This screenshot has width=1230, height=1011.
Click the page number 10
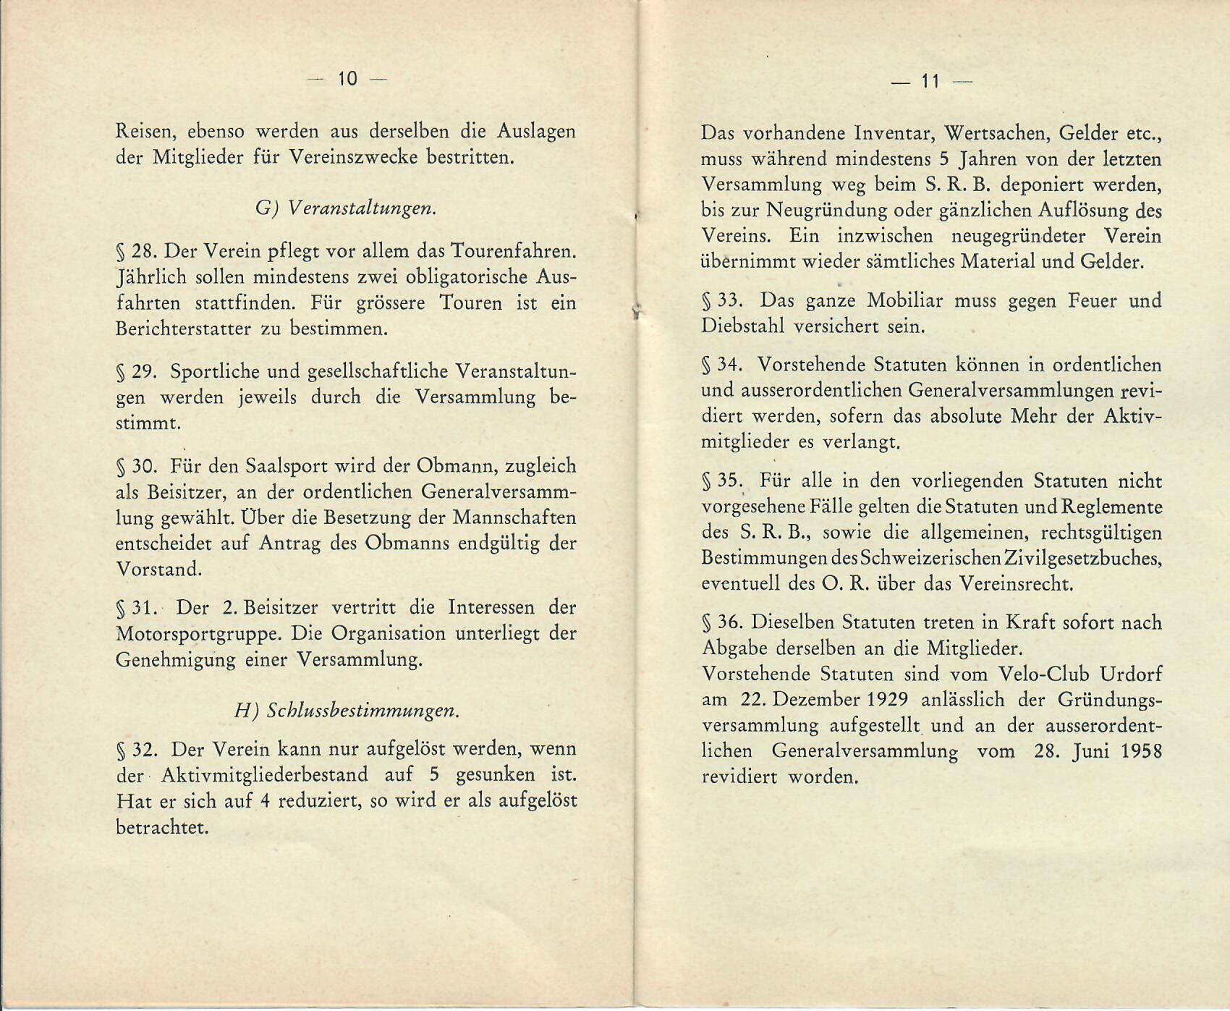coord(347,79)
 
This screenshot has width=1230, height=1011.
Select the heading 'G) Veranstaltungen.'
coord(346,208)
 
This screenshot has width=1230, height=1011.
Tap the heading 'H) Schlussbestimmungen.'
coord(347,710)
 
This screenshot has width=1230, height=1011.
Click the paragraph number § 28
coord(136,252)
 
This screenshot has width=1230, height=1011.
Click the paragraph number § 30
coord(137,466)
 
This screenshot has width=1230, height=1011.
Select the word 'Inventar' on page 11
coord(894,134)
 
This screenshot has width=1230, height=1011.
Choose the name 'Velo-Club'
coord(1043,674)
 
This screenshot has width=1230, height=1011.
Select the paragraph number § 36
coord(722,622)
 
